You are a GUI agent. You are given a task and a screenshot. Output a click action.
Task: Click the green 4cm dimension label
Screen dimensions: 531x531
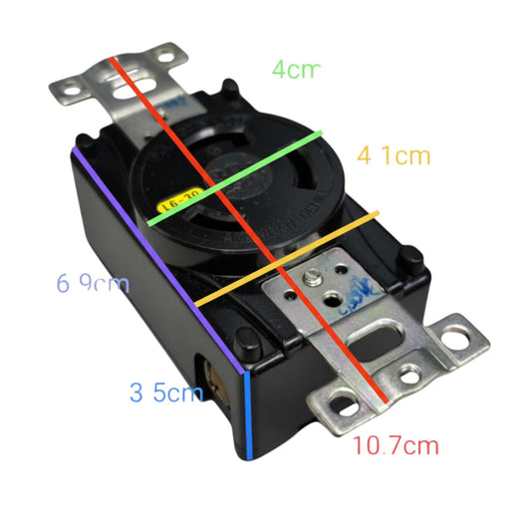296,71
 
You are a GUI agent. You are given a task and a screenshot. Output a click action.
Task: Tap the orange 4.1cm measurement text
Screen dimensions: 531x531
393,156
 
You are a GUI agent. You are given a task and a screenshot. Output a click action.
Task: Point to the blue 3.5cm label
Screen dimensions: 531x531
166,392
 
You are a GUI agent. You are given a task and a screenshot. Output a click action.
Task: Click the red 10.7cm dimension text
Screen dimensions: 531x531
396,445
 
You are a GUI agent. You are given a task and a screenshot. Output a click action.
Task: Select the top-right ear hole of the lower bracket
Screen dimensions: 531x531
457,334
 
